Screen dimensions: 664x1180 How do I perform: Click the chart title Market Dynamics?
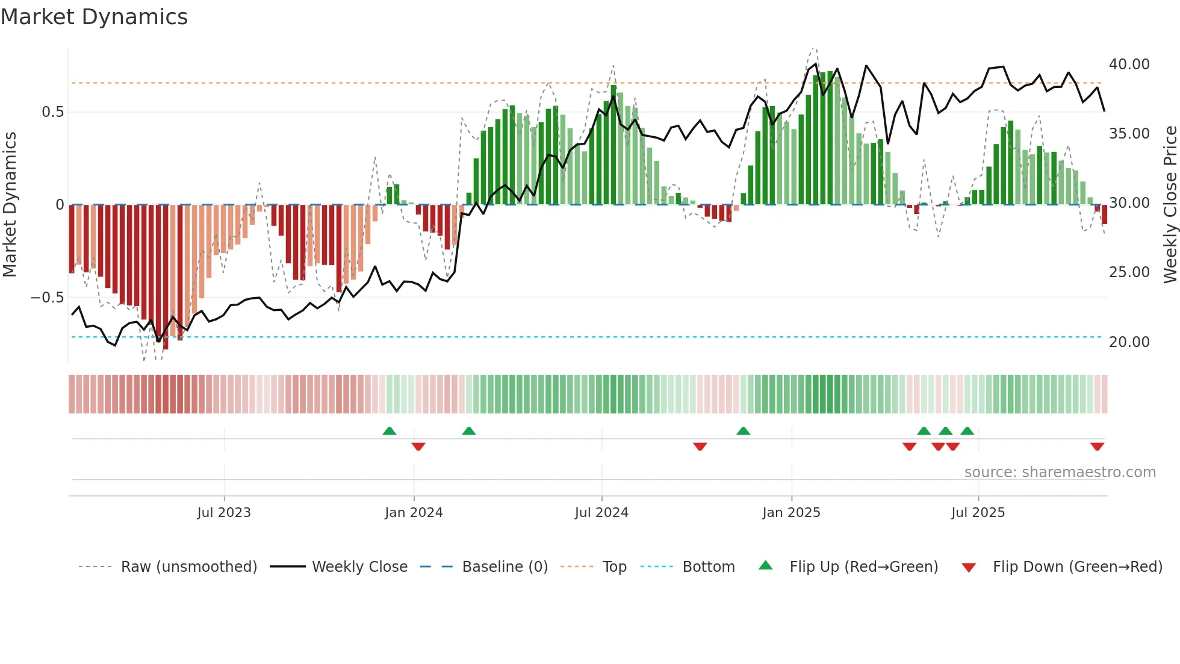94,17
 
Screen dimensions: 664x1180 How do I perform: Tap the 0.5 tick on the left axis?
52,112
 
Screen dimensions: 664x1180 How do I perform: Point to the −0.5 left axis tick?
47,298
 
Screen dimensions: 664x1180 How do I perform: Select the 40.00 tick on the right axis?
1129,64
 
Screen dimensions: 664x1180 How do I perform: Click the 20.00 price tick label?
1129,342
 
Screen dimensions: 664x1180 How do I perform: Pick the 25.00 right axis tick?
1129,272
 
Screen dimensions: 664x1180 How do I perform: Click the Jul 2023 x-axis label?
223,513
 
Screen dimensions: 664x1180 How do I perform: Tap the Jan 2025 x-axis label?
790,513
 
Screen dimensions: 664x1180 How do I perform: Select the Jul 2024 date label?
601,513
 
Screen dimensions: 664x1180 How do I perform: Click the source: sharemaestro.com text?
1060,472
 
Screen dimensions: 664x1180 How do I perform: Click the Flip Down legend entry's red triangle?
968,568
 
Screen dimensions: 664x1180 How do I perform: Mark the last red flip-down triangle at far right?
1097,446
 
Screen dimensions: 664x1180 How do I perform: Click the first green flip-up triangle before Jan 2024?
390,431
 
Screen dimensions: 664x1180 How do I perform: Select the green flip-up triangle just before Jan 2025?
743,431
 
